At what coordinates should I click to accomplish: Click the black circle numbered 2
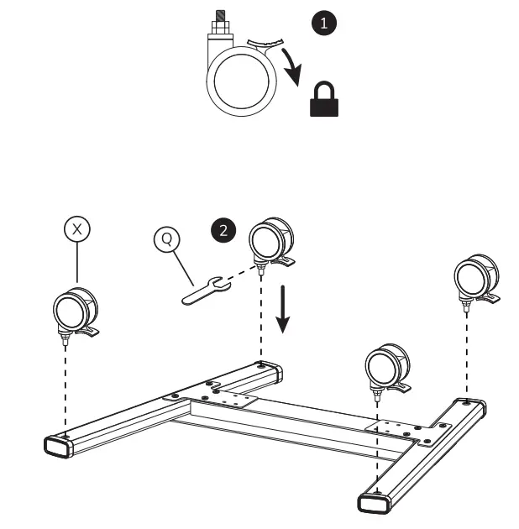(223, 230)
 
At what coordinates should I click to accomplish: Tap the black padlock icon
(324, 101)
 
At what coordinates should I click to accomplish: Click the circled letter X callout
(77, 228)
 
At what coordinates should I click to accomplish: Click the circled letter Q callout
(167, 239)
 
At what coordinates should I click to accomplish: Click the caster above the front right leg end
(388, 368)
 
